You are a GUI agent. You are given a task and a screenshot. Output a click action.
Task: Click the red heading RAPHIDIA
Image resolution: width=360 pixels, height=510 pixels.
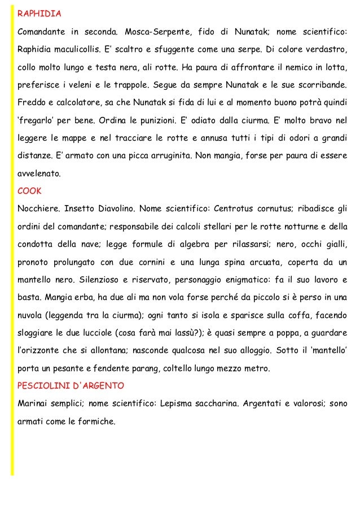click(38, 12)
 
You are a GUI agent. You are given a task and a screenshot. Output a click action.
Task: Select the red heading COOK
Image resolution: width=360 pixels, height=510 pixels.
click(29, 191)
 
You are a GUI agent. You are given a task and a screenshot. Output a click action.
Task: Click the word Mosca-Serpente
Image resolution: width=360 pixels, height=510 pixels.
click(156, 30)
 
